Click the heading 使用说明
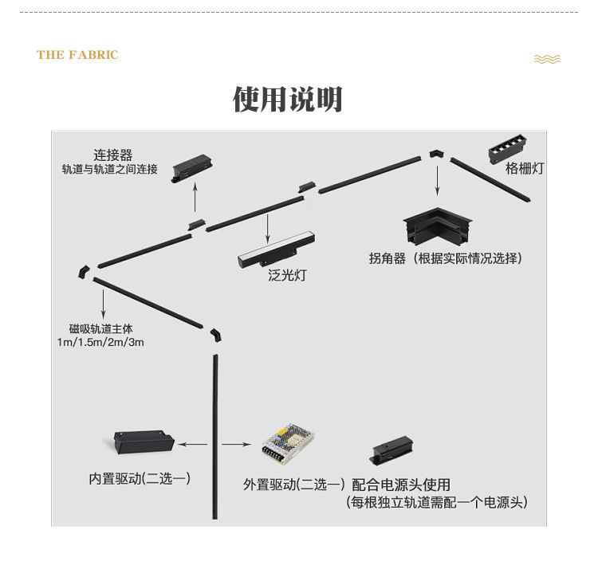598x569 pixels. point(288,100)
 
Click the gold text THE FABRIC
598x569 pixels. point(77,55)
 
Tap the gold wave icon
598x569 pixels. point(547,59)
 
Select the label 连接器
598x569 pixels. point(112,155)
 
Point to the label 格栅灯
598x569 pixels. point(525,169)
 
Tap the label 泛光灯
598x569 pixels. point(287,276)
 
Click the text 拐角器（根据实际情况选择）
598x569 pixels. point(446,258)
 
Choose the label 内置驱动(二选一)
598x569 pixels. point(140,479)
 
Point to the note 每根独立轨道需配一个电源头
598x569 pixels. point(437,503)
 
